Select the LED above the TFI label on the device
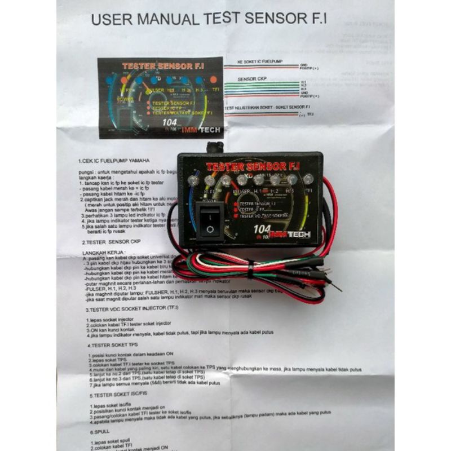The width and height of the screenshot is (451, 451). tap(308, 180)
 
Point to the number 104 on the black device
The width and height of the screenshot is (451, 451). tap(262, 229)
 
